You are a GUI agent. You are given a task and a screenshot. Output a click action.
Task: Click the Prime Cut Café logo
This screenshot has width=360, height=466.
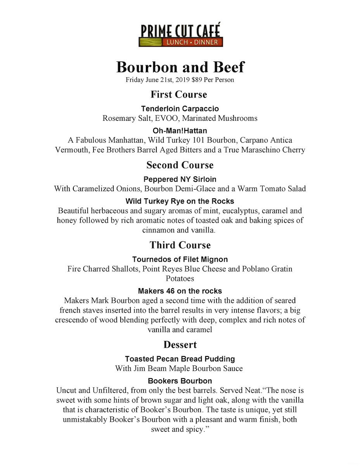tap(180, 35)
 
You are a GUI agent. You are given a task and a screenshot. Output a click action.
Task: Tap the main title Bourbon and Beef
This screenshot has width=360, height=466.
tap(180, 67)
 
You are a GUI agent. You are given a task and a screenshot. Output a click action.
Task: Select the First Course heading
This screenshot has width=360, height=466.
tap(179, 94)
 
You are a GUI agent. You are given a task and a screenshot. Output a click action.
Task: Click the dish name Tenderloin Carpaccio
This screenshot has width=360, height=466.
tap(180, 109)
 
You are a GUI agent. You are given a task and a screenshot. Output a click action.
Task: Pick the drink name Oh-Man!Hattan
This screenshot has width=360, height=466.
tap(180, 131)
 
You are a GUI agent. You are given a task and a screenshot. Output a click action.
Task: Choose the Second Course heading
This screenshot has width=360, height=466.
tap(180, 165)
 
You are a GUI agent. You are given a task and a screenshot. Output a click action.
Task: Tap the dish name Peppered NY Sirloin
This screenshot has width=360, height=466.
tap(180, 179)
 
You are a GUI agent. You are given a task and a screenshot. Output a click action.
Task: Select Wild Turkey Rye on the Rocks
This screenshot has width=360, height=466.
tap(180, 202)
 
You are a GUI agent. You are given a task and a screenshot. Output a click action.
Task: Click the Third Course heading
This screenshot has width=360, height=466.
tap(180, 245)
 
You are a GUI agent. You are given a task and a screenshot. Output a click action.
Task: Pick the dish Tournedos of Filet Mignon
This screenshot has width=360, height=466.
tap(180, 259)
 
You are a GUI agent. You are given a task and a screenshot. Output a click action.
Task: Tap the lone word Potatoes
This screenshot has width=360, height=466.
tap(180, 278)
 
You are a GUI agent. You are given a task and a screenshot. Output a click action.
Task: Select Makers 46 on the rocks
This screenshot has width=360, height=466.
tap(180, 291)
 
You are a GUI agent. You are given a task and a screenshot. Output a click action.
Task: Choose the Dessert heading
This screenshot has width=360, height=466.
tap(180, 344)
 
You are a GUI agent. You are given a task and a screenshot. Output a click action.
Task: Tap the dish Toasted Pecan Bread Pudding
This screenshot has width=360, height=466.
tap(180, 359)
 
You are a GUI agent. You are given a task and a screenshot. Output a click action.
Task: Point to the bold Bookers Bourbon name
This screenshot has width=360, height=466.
tap(180, 381)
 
